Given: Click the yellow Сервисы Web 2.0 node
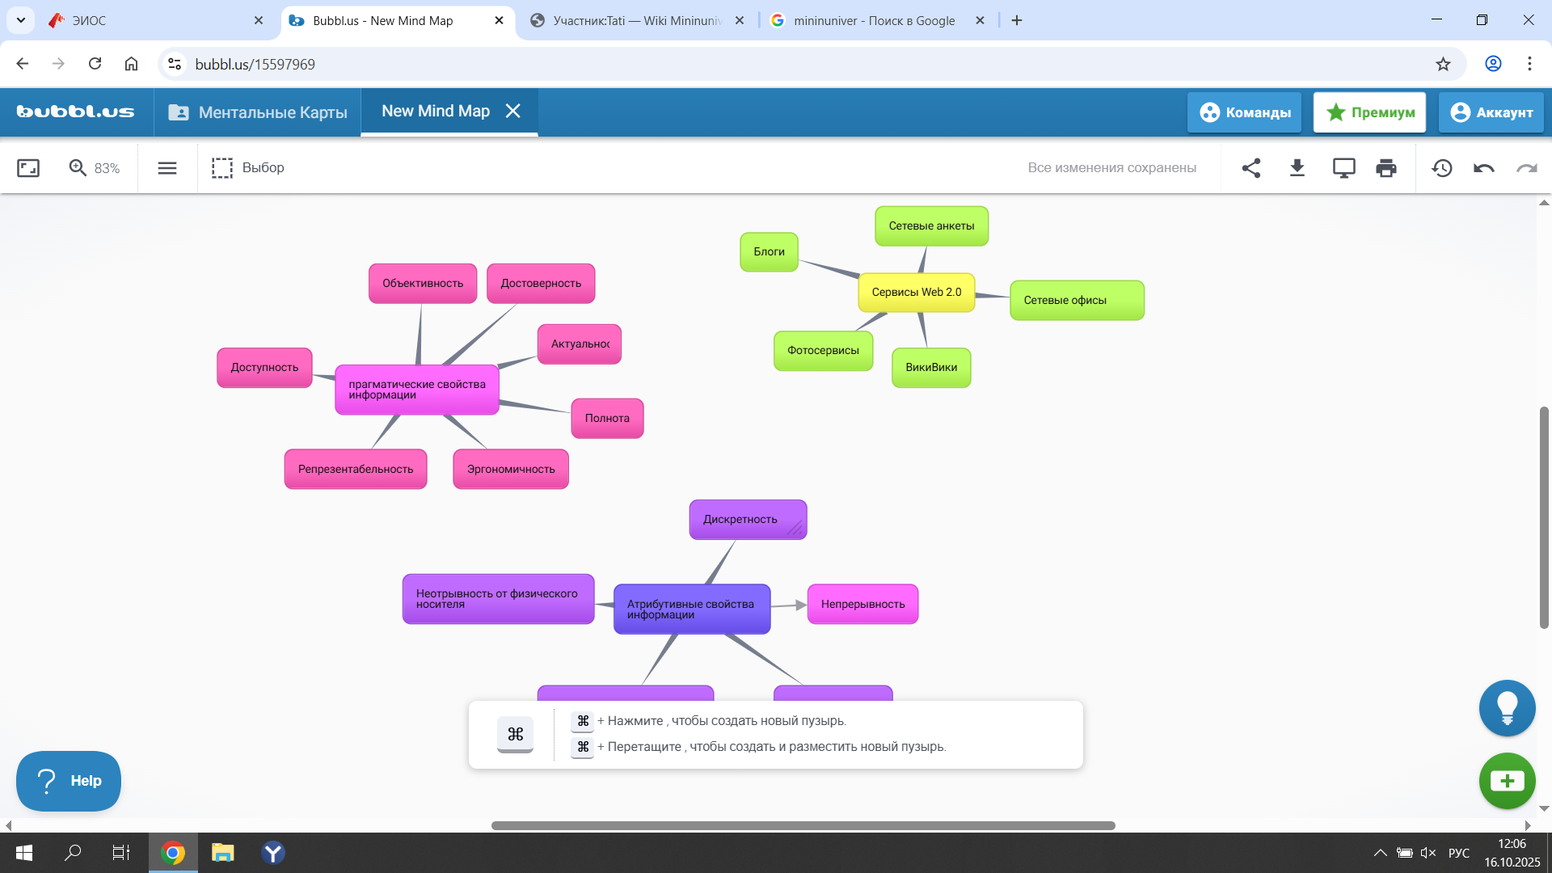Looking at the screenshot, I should tap(916, 293).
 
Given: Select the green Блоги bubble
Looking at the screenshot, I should tap(769, 252).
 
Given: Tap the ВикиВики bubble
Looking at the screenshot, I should tap(931, 368).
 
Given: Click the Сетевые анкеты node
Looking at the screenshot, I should tap(931, 226).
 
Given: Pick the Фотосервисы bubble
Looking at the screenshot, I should tap(823, 351).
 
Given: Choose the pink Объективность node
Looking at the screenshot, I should tap(423, 284).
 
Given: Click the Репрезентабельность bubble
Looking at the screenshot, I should tap(356, 470).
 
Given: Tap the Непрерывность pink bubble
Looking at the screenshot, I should tap(862, 605).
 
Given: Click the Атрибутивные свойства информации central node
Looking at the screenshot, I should tap(691, 609).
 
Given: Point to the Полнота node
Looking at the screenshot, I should tap(607, 419).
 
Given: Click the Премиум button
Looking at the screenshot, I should tap(1369, 112).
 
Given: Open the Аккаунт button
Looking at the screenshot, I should tap(1491, 112).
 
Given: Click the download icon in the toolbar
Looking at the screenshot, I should tap(1297, 168).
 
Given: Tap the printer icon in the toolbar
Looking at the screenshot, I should tap(1386, 168).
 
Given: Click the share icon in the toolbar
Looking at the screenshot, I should tap(1251, 168).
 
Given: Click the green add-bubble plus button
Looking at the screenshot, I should tap(1507, 781).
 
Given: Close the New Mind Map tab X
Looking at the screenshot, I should tap(513, 112).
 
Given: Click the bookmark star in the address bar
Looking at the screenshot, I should tap(1443, 65).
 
